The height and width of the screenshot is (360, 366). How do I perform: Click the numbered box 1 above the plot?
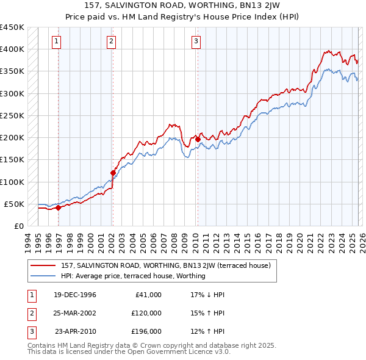[x=56, y=41]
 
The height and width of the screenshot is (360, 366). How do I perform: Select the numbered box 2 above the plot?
[x=112, y=41]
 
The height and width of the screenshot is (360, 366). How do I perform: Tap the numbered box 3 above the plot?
[x=196, y=41]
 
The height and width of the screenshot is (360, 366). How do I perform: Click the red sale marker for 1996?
[x=58, y=207]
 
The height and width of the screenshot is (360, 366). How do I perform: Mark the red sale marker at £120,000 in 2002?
[x=113, y=173]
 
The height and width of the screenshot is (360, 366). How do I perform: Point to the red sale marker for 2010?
[x=198, y=139]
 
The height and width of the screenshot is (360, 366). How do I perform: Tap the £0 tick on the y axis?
[x=19, y=226]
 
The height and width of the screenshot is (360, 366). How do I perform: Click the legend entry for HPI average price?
[x=133, y=276]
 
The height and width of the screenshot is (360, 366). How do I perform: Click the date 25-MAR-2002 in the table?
[x=74, y=312]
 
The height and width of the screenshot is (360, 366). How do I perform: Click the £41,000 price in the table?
[x=148, y=294]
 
